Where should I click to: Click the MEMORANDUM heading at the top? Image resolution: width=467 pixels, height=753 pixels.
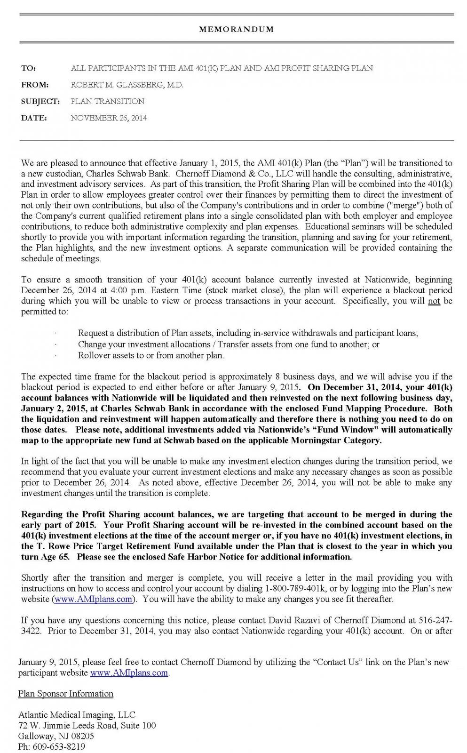tap(236, 29)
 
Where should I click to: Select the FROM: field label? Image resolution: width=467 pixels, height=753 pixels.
tap(35, 85)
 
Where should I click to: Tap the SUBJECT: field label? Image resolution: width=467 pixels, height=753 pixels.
tap(40, 101)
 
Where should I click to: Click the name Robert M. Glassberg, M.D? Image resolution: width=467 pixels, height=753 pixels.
tap(127, 85)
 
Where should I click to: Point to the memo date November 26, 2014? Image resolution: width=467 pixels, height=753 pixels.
tap(109, 118)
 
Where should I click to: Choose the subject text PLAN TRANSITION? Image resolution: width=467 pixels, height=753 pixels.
tap(107, 101)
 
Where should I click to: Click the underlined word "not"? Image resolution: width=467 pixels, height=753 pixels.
tap(434, 301)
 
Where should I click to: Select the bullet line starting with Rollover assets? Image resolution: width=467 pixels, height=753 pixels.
tap(151, 355)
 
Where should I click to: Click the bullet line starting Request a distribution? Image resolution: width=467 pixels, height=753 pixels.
tap(248, 333)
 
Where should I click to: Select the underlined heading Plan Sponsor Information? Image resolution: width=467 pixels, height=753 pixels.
tap(66, 694)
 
